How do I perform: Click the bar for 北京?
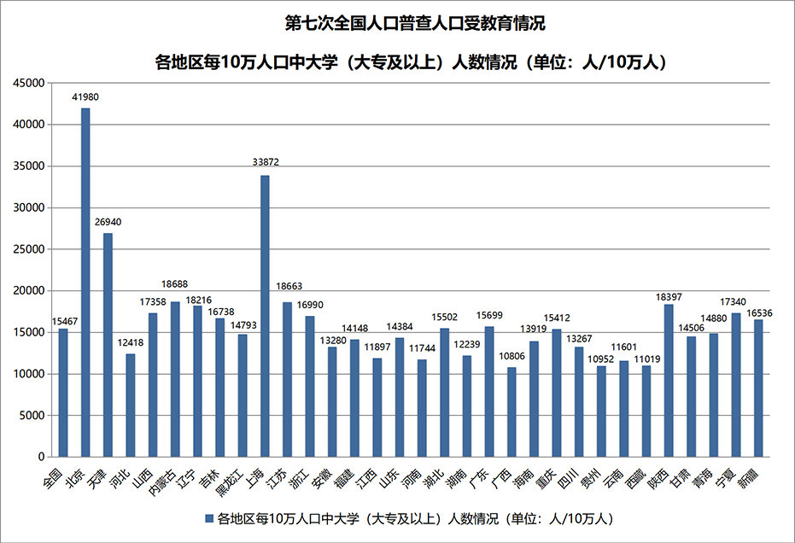pos(85,283)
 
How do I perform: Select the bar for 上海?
pos(265,316)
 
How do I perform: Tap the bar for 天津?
pos(108,345)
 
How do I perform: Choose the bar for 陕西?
pos(669,380)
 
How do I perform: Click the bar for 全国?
pos(63,393)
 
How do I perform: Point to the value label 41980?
pos(85,97)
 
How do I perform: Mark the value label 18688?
pos(175,283)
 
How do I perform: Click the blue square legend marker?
pos(208,518)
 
